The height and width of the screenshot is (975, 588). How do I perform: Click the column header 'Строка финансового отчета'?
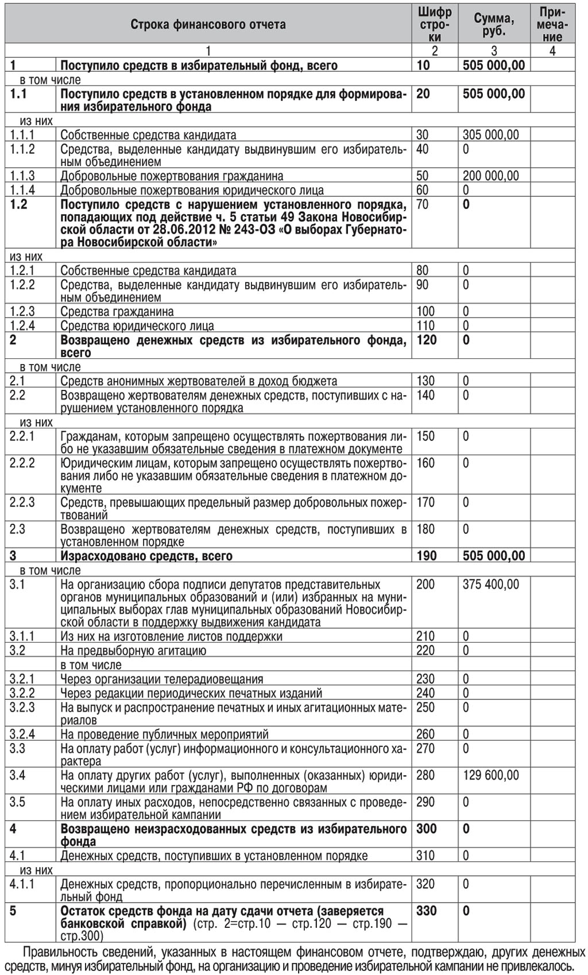pyautogui.click(x=208, y=24)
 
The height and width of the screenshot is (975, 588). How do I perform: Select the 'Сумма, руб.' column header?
pyautogui.click(x=493, y=24)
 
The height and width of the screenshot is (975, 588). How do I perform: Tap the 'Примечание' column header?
pyautogui.click(x=552, y=24)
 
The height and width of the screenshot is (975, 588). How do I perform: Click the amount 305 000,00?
pyautogui.click(x=490, y=135)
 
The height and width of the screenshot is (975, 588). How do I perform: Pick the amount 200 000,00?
pyautogui.click(x=490, y=176)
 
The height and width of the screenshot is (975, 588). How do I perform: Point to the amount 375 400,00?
pyautogui.click(x=490, y=585)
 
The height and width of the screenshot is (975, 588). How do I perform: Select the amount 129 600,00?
pyautogui.click(x=490, y=775)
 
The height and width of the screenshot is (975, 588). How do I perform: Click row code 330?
pyautogui.click(x=426, y=911)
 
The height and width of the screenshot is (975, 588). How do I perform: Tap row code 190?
pyautogui.click(x=426, y=556)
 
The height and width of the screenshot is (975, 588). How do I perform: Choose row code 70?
pyautogui.click(x=423, y=204)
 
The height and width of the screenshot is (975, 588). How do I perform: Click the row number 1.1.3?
pyautogui.click(x=22, y=176)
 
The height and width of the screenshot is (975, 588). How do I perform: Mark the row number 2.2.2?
pyautogui.click(x=22, y=463)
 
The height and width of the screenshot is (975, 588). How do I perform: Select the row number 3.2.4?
pyautogui.click(x=22, y=734)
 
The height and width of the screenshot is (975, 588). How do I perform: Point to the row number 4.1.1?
pyautogui.click(x=22, y=884)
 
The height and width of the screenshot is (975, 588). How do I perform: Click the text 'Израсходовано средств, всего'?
pyautogui.click(x=146, y=556)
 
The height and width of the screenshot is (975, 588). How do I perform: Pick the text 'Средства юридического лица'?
pyautogui.click(x=137, y=326)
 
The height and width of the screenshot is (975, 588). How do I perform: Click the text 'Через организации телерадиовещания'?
pyautogui.click(x=162, y=679)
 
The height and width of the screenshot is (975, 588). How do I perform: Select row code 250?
pyautogui.click(x=425, y=707)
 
